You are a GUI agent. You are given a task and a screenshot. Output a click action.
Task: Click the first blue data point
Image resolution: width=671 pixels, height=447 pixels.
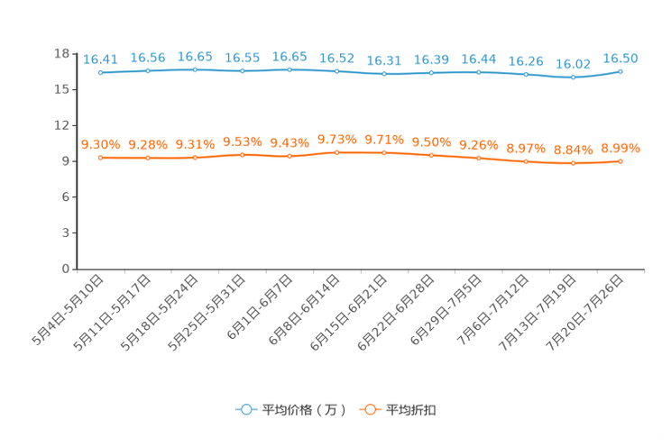pyautogui.click(x=101, y=72)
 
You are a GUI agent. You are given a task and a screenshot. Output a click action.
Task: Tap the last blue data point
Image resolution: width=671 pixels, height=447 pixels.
pyautogui.click(x=620, y=71)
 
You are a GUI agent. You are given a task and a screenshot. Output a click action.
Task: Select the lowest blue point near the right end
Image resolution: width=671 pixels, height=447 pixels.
pyautogui.click(x=573, y=78)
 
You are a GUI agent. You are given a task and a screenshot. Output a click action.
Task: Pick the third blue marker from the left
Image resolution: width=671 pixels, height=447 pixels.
pyautogui.click(x=195, y=69)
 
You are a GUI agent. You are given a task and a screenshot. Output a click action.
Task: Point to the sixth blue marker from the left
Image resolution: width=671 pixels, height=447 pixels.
pyautogui.click(x=336, y=71)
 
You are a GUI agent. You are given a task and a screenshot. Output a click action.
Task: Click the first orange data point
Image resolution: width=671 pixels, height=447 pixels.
pyautogui.click(x=101, y=158)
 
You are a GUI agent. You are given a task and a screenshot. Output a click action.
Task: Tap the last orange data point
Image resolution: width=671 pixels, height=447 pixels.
pyautogui.click(x=620, y=161)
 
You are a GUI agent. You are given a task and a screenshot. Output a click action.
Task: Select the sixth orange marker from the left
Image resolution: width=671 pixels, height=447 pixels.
pyautogui.click(x=336, y=152)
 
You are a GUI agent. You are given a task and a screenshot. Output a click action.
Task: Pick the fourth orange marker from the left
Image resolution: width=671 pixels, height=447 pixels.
pyautogui.click(x=242, y=155)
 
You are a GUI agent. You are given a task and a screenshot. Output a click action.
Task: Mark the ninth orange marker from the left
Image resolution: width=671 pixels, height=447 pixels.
pyautogui.click(x=478, y=158)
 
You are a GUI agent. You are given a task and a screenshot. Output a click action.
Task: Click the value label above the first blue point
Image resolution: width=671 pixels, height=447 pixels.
pyautogui.click(x=100, y=59)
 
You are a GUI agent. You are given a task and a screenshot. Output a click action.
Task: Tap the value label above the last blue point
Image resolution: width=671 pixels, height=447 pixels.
pyautogui.click(x=620, y=59)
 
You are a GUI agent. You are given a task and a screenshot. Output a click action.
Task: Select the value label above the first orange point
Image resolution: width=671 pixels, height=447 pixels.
pyautogui.click(x=100, y=144)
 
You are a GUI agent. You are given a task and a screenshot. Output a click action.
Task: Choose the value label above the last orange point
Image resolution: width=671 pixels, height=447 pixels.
pyautogui.click(x=620, y=148)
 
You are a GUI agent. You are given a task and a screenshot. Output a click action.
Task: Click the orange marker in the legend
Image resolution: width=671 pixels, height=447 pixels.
pyautogui.click(x=370, y=409)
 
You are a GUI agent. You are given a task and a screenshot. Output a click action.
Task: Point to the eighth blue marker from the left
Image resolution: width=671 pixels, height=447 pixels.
pyautogui.click(x=431, y=73)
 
